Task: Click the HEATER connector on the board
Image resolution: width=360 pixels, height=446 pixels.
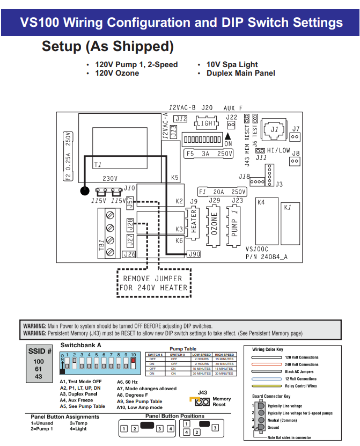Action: coord(194,222)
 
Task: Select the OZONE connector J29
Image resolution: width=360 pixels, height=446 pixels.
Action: coord(214,222)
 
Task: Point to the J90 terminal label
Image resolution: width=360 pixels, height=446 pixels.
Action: coord(194,253)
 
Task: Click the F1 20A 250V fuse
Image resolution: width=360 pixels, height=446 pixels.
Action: coord(222,192)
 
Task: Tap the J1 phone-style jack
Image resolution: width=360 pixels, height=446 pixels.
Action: coord(274,130)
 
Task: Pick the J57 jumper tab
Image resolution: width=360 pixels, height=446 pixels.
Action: coord(130,202)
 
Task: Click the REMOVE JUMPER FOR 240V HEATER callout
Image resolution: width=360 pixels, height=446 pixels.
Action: coord(153,283)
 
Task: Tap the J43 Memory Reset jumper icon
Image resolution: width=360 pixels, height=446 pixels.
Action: coord(201,401)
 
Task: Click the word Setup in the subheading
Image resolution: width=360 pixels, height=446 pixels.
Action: coord(62,47)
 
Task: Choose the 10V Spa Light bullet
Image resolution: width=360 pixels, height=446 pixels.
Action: coord(232,64)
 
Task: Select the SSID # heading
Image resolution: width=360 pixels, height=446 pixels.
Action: coord(39,351)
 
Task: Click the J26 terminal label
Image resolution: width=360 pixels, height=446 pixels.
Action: coord(130,254)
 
